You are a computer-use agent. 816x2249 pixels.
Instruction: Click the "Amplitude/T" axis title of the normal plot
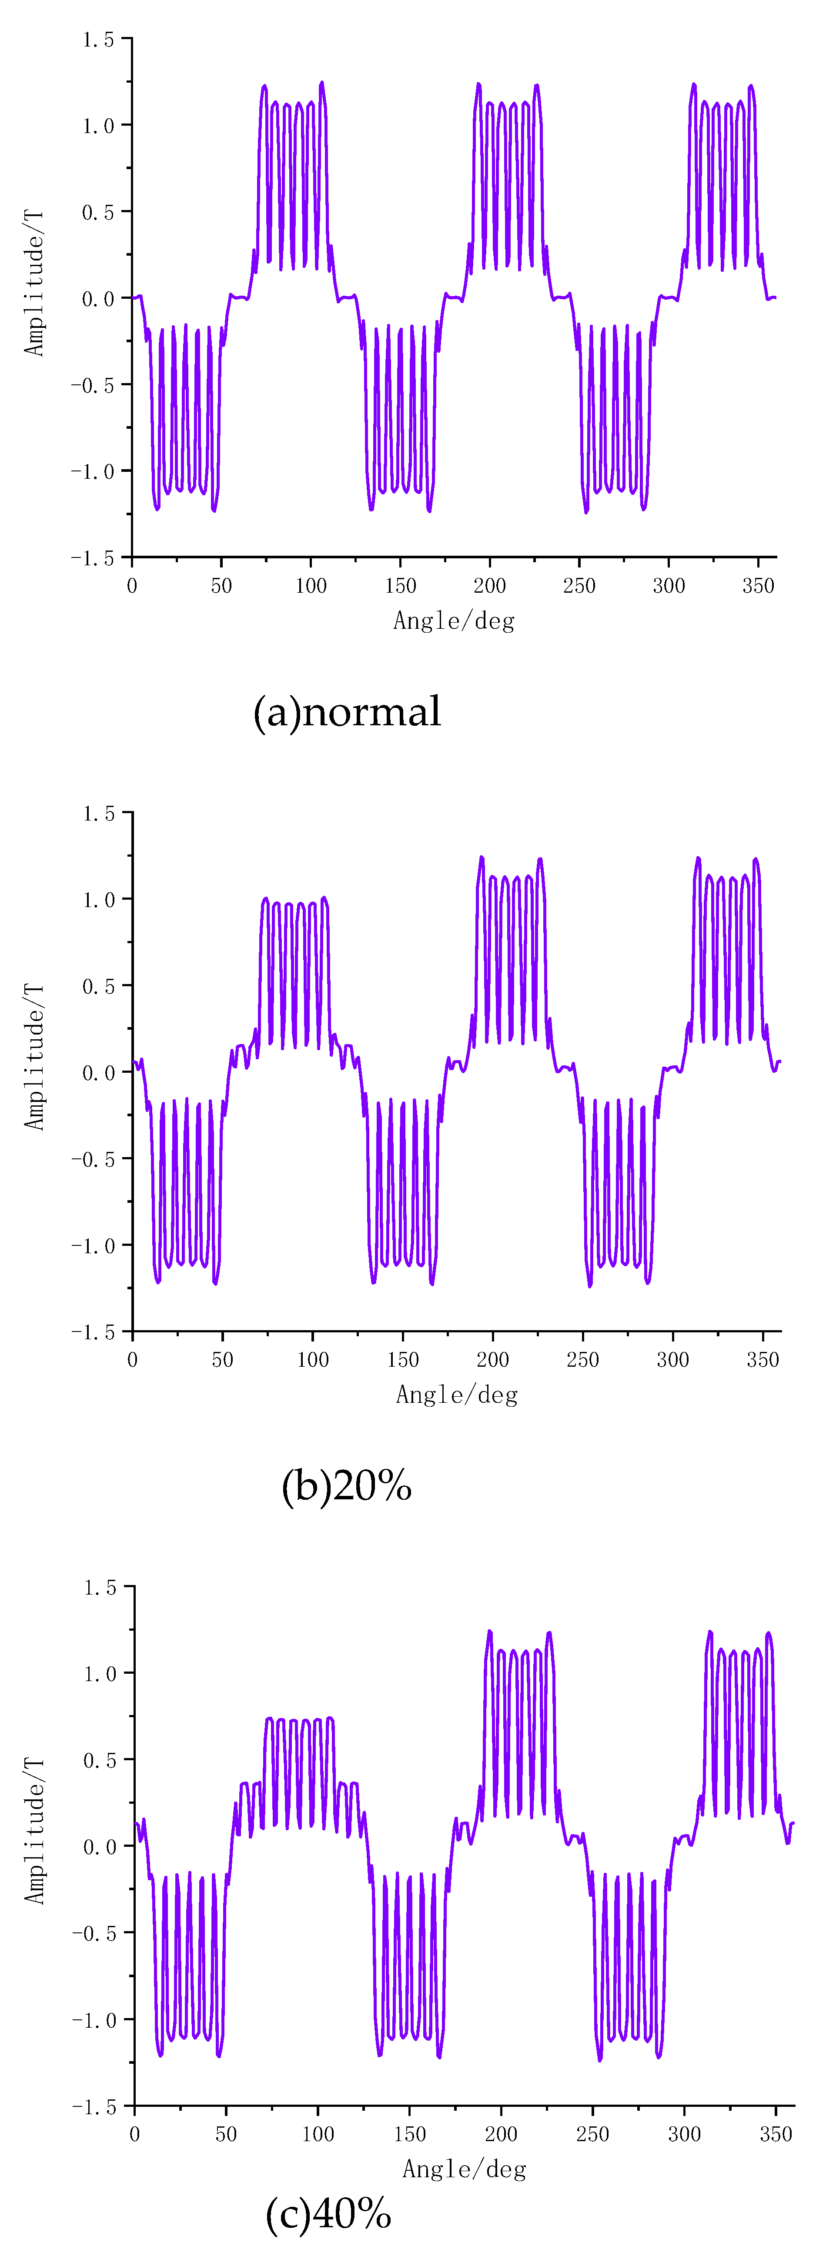[33, 282]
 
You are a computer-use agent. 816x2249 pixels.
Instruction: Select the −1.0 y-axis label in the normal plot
[93, 471]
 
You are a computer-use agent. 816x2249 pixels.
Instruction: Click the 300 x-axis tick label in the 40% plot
[684, 2134]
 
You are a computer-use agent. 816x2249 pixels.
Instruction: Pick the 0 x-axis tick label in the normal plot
[132, 586]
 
